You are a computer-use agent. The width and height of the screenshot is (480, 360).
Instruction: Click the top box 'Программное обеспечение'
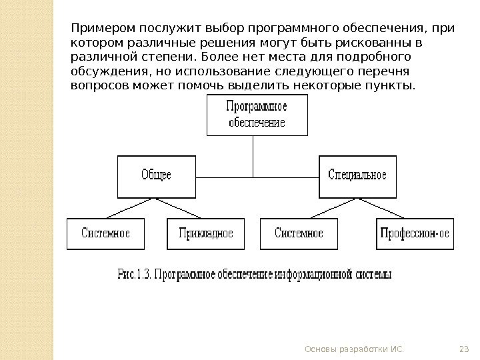pos(257,115)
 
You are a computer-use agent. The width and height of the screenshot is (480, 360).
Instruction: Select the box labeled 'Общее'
pos(156,176)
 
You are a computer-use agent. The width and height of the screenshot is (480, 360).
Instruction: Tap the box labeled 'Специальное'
pos(357,176)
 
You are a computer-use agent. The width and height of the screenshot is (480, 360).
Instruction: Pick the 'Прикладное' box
pos(206,233)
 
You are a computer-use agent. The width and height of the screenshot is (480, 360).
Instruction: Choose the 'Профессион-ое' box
pos(415,233)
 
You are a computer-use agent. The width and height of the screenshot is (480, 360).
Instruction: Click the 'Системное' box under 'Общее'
pos(105,233)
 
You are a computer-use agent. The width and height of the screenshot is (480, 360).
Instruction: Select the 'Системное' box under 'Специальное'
pos(299,233)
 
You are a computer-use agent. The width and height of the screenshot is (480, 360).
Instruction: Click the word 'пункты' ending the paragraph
pos(393,86)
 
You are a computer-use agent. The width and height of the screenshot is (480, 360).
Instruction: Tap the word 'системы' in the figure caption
pos(373,274)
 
